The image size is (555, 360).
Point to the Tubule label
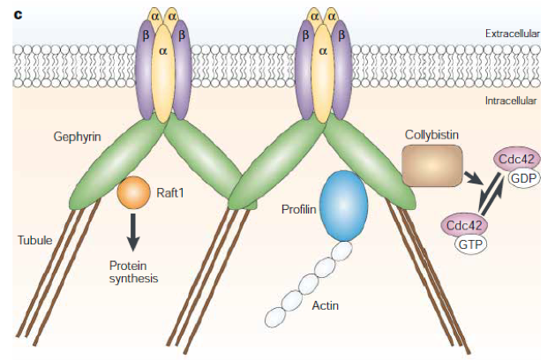[x=34, y=239]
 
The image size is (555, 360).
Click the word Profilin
[x=298, y=210]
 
